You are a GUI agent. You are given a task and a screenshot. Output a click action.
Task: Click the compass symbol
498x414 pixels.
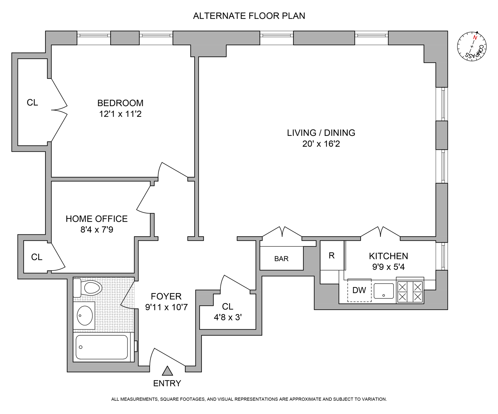click(x=472, y=47)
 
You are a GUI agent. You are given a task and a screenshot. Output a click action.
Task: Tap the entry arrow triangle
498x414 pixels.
click(x=167, y=371)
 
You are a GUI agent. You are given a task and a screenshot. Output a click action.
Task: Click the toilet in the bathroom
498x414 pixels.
click(x=88, y=288)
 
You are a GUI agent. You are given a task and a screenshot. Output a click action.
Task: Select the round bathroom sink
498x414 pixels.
click(x=85, y=315)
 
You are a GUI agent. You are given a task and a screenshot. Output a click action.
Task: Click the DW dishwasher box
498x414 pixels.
click(x=359, y=290)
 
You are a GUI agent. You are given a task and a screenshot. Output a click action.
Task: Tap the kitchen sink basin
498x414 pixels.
click(x=384, y=291)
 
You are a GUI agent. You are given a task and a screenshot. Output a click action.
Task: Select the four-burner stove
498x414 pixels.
click(x=410, y=292)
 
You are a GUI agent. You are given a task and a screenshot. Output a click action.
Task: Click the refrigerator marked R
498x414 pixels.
click(x=332, y=255)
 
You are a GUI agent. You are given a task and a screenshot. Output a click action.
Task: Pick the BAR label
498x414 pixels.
click(x=281, y=259)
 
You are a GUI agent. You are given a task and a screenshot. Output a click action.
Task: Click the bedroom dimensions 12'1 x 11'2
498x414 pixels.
click(x=120, y=114)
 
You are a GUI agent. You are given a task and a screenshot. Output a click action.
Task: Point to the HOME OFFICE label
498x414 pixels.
click(x=97, y=219)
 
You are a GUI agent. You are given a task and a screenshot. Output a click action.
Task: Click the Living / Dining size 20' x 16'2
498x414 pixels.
click(x=321, y=144)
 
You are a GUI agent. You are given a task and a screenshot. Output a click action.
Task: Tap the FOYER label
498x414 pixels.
click(x=166, y=296)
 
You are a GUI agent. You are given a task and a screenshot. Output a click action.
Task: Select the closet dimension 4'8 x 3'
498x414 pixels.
click(x=227, y=317)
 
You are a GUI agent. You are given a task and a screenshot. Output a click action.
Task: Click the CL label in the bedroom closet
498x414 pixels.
click(x=32, y=103)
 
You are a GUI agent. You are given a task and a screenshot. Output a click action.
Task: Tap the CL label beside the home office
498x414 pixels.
click(x=37, y=257)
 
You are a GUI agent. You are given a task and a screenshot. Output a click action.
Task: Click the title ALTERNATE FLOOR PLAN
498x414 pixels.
click(x=249, y=16)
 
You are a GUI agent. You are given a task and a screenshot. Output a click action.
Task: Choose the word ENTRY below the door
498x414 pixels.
click(x=167, y=383)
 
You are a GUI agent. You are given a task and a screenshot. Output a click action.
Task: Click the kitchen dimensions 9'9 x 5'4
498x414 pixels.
click(x=388, y=267)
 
